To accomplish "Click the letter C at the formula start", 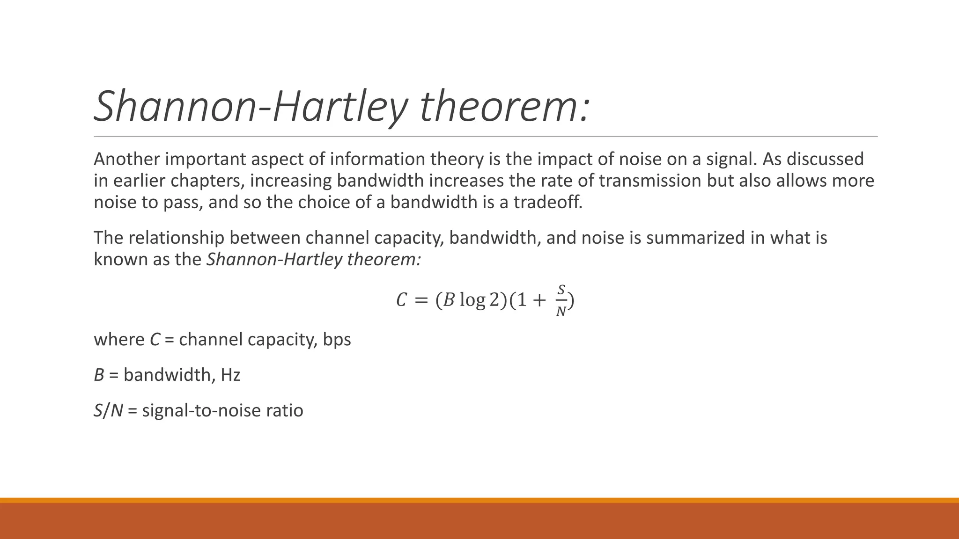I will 401,300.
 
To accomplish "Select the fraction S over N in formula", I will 561,300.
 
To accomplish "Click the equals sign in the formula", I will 421,300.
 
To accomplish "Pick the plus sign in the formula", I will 539,300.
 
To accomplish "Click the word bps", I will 337,339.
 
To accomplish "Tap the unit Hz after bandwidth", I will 230,375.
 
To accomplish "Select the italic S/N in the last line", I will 108,410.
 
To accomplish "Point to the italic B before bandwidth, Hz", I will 99,375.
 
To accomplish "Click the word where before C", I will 119,339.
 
